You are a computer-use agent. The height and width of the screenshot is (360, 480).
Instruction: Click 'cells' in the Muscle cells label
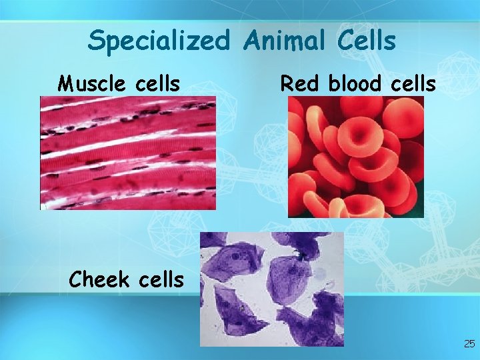click(155, 84)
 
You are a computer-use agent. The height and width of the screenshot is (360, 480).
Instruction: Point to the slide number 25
click(469, 344)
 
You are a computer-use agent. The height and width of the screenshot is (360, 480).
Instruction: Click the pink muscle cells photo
click(128, 153)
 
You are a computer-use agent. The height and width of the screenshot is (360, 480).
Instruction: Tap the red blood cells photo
click(355, 157)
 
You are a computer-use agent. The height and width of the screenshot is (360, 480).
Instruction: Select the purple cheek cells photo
click(272, 289)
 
